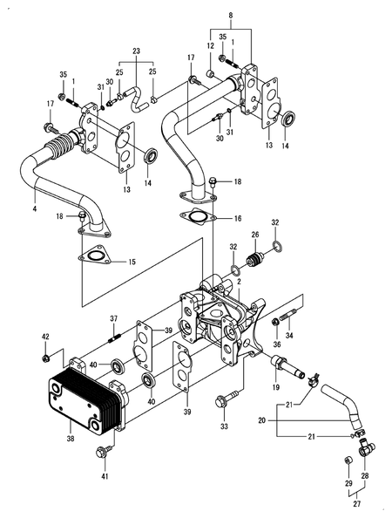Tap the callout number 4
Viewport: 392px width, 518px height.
coord(34,209)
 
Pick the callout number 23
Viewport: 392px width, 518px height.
coord(135,51)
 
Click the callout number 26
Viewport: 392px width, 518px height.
coord(256,234)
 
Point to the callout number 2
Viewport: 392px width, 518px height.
coord(238,280)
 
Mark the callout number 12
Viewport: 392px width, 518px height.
coord(210,45)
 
